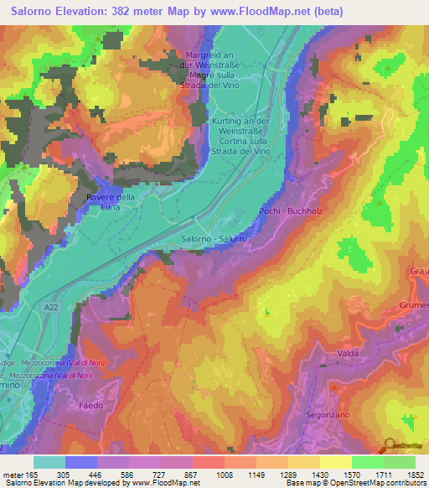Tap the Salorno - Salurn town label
point(212,240)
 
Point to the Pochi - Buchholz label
point(291,211)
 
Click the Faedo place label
point(91,405)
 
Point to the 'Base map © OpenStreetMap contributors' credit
point(353,483)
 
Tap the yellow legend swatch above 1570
point(336,462)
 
